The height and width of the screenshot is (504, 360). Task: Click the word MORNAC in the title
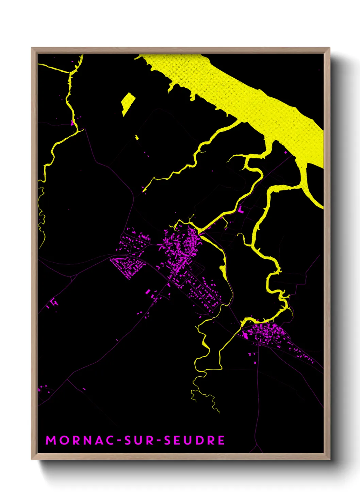(x=80, y=440)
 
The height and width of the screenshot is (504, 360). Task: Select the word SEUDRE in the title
(x=194, y=440)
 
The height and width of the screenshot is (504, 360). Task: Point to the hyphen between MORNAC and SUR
(x=119, y=441)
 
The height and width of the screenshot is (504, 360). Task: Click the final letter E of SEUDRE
(x=221, y=440)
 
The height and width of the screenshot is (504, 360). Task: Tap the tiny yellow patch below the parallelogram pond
(x=137, y=137)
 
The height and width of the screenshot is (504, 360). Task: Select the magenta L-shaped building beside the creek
(x=241, y=209)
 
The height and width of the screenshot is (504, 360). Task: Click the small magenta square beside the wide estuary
(x=285, y=152)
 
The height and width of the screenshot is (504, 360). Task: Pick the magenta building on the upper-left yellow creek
(x=72, y=123)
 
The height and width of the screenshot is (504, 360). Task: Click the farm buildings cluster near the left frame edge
(x=53, y=303)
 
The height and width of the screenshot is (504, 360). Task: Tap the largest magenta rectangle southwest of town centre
(x=148, y=292)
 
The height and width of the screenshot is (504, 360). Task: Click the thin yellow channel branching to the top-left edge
(x=54, y=68)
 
